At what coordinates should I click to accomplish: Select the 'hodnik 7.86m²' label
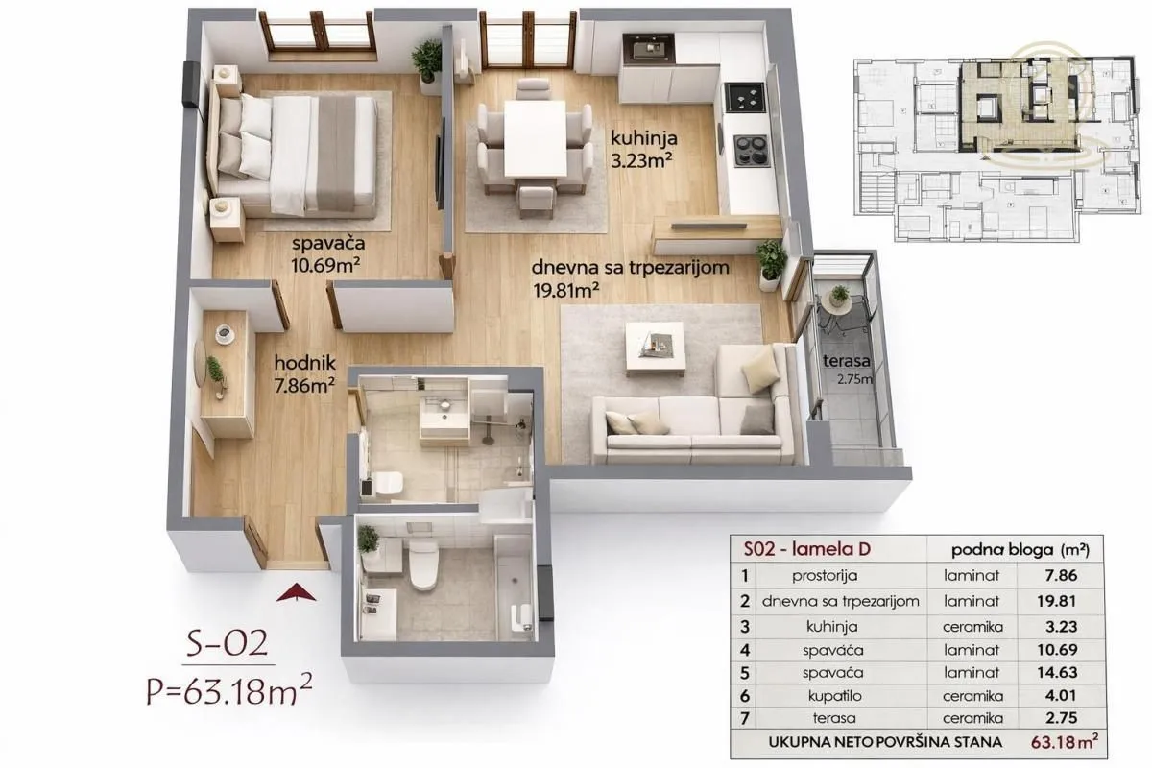coord(303,374)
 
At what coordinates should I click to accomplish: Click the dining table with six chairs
coord(535,139)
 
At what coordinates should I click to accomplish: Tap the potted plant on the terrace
coord(839,296)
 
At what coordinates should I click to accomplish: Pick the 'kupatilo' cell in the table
coord(818,695)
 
